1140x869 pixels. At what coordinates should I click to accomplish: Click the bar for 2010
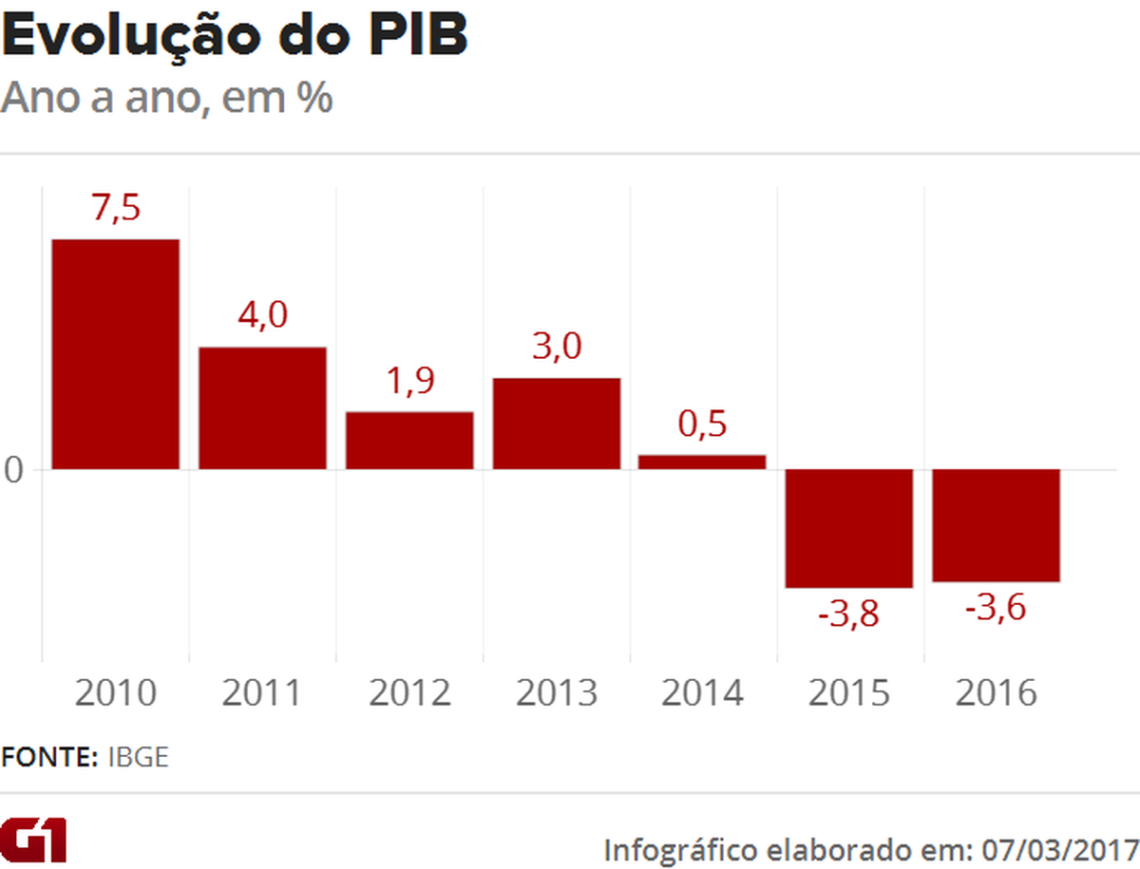pos(115,353)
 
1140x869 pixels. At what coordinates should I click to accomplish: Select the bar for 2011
pos(262,407)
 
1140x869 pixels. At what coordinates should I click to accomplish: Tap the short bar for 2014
pos(702,462)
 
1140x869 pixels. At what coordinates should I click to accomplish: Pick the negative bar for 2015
pos(848,528)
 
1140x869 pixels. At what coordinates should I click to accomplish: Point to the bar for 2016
pos(996,525)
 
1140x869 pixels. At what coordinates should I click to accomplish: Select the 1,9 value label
pos(409,381)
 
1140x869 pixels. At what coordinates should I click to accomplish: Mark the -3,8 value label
pos(848,614)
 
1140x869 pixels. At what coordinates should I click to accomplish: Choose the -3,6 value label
pos(995,608)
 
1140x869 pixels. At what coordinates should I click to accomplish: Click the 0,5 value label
pos(702,424)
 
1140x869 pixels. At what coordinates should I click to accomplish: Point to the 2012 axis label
pos(409,693)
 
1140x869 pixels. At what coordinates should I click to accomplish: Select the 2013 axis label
pos(557,693)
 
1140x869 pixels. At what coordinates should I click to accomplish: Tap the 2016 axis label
pos(996,693)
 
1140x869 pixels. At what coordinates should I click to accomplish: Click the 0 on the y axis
pos(13,470)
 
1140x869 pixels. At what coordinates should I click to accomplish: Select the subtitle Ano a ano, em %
pos(167,99)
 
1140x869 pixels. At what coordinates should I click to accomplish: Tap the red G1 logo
pos(34,839)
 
